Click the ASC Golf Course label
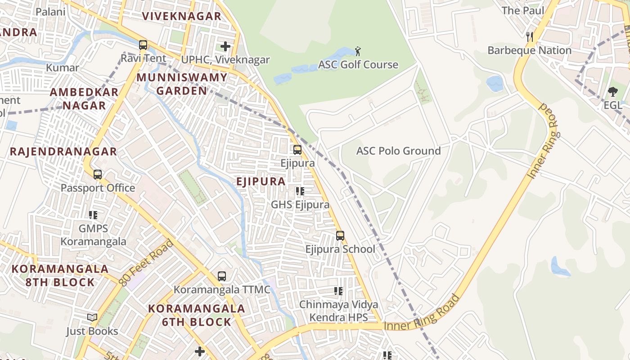[x=358, y=65]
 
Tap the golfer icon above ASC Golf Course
[x=358, y=51]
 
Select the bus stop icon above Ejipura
[x=297, y=149]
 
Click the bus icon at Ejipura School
[x=340, y=235]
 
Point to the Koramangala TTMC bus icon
[x=222, y=276]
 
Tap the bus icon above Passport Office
[x=98, y=174]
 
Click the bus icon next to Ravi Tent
[x=143, y=45]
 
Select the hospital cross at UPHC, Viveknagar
[x=225, y=46]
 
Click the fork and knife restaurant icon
[x=530, y=36]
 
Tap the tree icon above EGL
[x=613, y=92]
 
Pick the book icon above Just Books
[x=92, y=318]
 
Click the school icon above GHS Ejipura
[x=300, y=191]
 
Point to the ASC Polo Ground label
[x=398, y=151]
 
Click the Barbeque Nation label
[x=529, y=50]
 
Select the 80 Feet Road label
[x=147, y=263]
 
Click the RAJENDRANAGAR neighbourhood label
[x=63, y=152]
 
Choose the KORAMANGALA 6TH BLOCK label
[x=197, y=315]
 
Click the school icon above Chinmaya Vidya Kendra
[x=338, y=291]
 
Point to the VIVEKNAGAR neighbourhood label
[x=182, y=17]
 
